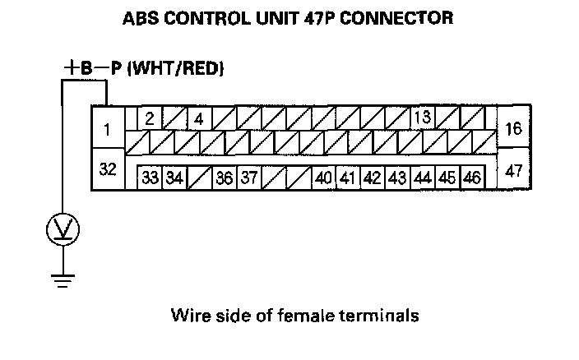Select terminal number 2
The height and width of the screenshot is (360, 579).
point(150,118)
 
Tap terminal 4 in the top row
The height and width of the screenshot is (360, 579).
point(199,118)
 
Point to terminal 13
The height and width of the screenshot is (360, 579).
point(423,118)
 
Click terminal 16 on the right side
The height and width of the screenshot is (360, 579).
point(514,129)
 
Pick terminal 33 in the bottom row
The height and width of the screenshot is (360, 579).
point(151,177)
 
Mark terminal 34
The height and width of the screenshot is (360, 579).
point(174,177)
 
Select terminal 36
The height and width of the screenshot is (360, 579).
point(224,177)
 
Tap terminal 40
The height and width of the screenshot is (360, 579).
point(323,177)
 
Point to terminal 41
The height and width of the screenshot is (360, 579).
point(348,177)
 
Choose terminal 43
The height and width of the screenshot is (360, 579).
point(398,177)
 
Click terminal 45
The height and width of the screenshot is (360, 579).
point(447,177)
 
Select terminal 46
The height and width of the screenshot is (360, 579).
point(472,177)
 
